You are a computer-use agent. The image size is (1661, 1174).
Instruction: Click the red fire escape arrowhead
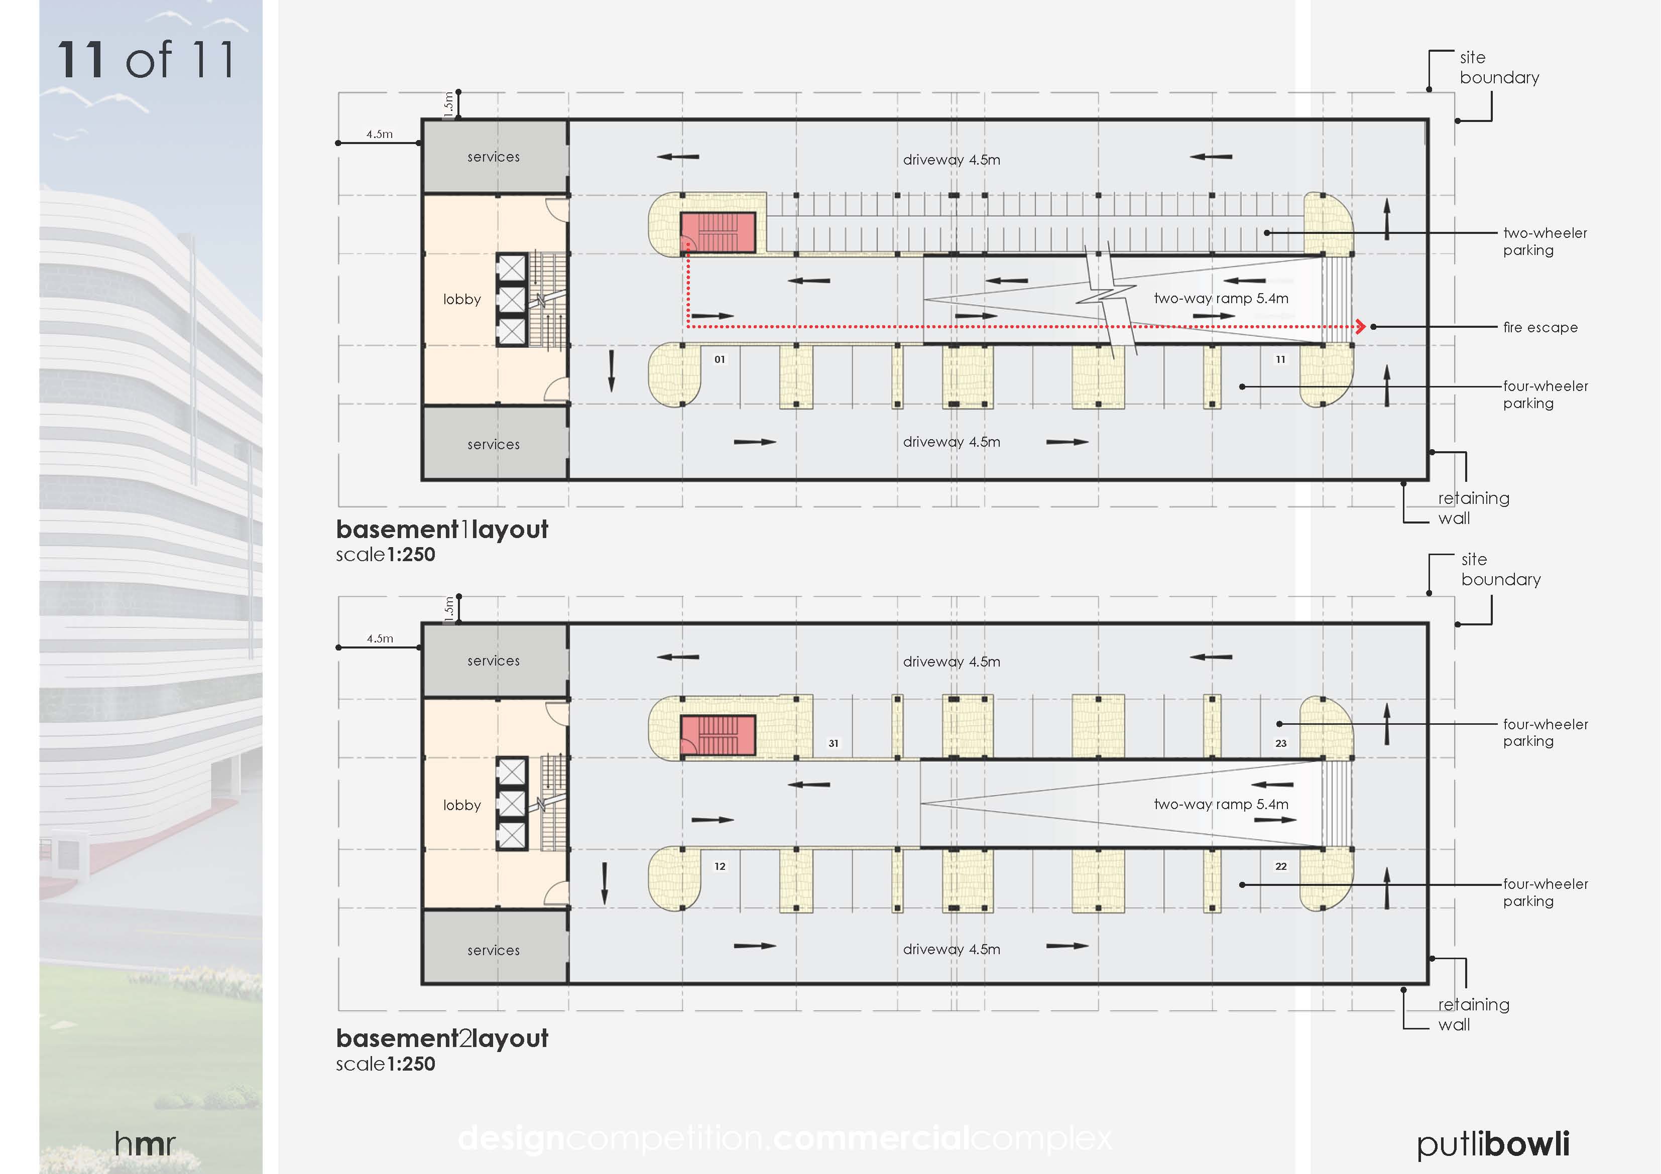(1360, 326)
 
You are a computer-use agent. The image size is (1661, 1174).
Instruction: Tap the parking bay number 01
(720, 359)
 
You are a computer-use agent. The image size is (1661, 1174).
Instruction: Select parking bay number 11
(1280, 359)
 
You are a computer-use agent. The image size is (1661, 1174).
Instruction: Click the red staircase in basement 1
(718, 232)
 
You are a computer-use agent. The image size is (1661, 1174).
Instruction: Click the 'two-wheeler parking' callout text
(1545, 241)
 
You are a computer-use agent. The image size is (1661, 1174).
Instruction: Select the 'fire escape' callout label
(1540, 328)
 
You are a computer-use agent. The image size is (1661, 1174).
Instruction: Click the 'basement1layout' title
(442, 530)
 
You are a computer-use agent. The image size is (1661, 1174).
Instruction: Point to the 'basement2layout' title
(442, 1039)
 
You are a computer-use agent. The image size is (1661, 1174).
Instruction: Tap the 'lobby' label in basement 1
(461, 300)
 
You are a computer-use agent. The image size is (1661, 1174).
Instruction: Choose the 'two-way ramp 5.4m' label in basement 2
(1221, 805)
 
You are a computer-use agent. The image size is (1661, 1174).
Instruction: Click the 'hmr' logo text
(145, 1143)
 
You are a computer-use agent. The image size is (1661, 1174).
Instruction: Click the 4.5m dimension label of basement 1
(379, 134)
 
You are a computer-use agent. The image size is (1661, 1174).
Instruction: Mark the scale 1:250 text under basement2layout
(386, 1064)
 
